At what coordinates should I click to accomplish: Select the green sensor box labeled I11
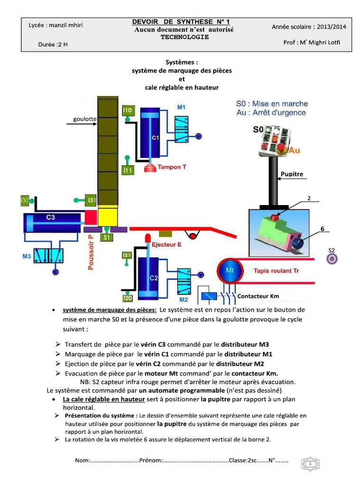pos(127,170)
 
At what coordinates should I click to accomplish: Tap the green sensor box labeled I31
pos(91,200)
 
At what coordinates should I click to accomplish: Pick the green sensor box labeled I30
pos(25,201)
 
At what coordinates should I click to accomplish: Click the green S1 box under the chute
pos(107,236)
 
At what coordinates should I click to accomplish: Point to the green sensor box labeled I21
pos(127,255)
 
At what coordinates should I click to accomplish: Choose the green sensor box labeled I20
pos(127,298)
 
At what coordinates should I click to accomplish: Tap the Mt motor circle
pos(230,270)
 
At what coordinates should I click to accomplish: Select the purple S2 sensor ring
pos(332,259)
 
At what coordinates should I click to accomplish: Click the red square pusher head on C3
pos(91,217)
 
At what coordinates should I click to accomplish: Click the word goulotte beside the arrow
pos(85,119)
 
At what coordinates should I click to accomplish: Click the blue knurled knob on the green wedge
pos(297,242)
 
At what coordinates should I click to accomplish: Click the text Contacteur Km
pos(258,296)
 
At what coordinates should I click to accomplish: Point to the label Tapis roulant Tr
pos(277,271)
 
